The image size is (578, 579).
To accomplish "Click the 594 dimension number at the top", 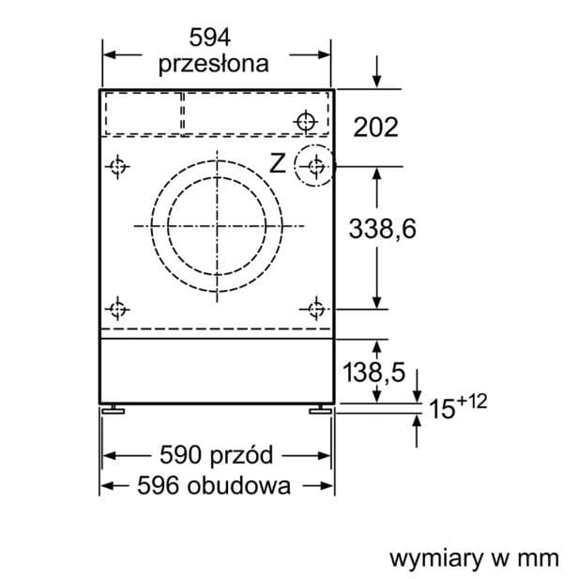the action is [x=210, y=37].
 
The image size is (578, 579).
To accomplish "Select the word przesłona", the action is [x=214, y=64].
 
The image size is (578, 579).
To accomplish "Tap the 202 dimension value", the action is [x=375, y=128].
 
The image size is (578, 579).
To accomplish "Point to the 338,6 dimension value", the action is [x=382, y=229].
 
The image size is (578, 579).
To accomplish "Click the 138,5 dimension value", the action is [x=373, y=372].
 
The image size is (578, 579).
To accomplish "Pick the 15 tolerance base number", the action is [x=442, y=409].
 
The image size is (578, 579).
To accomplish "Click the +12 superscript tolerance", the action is [x=472, y=402].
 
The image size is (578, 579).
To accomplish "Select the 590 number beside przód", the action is [x=180, y=454].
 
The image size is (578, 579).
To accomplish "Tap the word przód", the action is [x=241, y=455].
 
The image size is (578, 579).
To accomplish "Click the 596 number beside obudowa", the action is [x=159, y=485].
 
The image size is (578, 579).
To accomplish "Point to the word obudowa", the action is [x=239, y=484].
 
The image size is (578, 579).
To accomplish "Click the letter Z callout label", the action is [x=278, y=163].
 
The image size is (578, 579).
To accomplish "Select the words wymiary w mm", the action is [x=475, y=558].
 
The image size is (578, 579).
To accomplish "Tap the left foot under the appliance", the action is [x=114, y=409].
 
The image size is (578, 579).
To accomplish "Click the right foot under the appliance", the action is [x=320, y=409].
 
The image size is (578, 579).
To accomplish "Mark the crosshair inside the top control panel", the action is [x=306, y=121].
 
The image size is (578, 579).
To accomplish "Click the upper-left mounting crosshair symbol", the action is [x=117, y=167].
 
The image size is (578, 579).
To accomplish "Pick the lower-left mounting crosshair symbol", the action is [x=117, y=309].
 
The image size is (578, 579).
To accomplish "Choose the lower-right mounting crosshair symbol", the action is [x=316, y=309].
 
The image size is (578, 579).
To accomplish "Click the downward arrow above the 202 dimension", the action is [x=376, y=72].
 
